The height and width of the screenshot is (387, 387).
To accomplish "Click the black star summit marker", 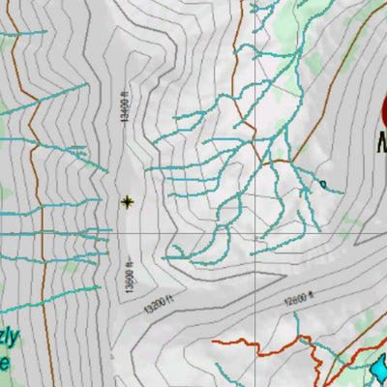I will click(x=127, y=201).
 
